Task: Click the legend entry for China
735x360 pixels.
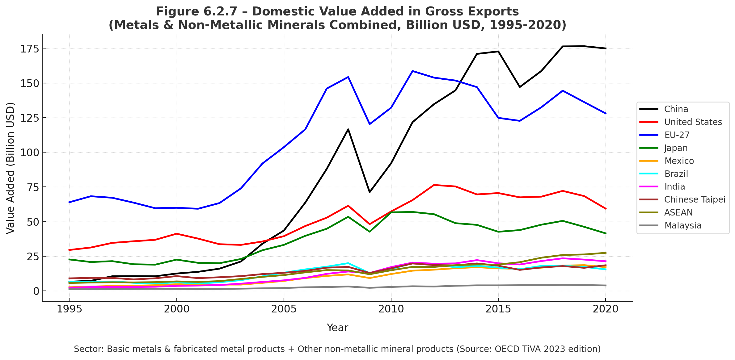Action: (676, 109)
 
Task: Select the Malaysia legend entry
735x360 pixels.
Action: (683, 225)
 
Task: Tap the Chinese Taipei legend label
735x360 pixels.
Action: (695, 199)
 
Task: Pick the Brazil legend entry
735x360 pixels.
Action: (676, 174)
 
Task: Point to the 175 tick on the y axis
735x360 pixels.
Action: (30, 49)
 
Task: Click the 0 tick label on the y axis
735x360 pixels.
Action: (36, 291)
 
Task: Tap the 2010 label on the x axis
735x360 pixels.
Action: (391, 309)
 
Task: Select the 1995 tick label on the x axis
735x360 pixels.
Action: (69, 309)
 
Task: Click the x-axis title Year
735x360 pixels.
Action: (337, 328)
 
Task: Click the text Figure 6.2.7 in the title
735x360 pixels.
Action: (196, 12)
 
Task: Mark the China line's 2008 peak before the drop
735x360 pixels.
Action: (348, 129)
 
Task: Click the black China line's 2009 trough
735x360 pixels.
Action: (370, 192)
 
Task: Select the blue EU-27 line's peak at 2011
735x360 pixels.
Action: (412, 71)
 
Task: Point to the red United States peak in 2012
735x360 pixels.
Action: (434, 185)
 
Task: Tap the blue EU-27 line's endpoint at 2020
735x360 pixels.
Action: (606, 114)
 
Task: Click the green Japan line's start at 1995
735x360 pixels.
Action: (69, 259)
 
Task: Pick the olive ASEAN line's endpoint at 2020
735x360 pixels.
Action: (606, 253)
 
